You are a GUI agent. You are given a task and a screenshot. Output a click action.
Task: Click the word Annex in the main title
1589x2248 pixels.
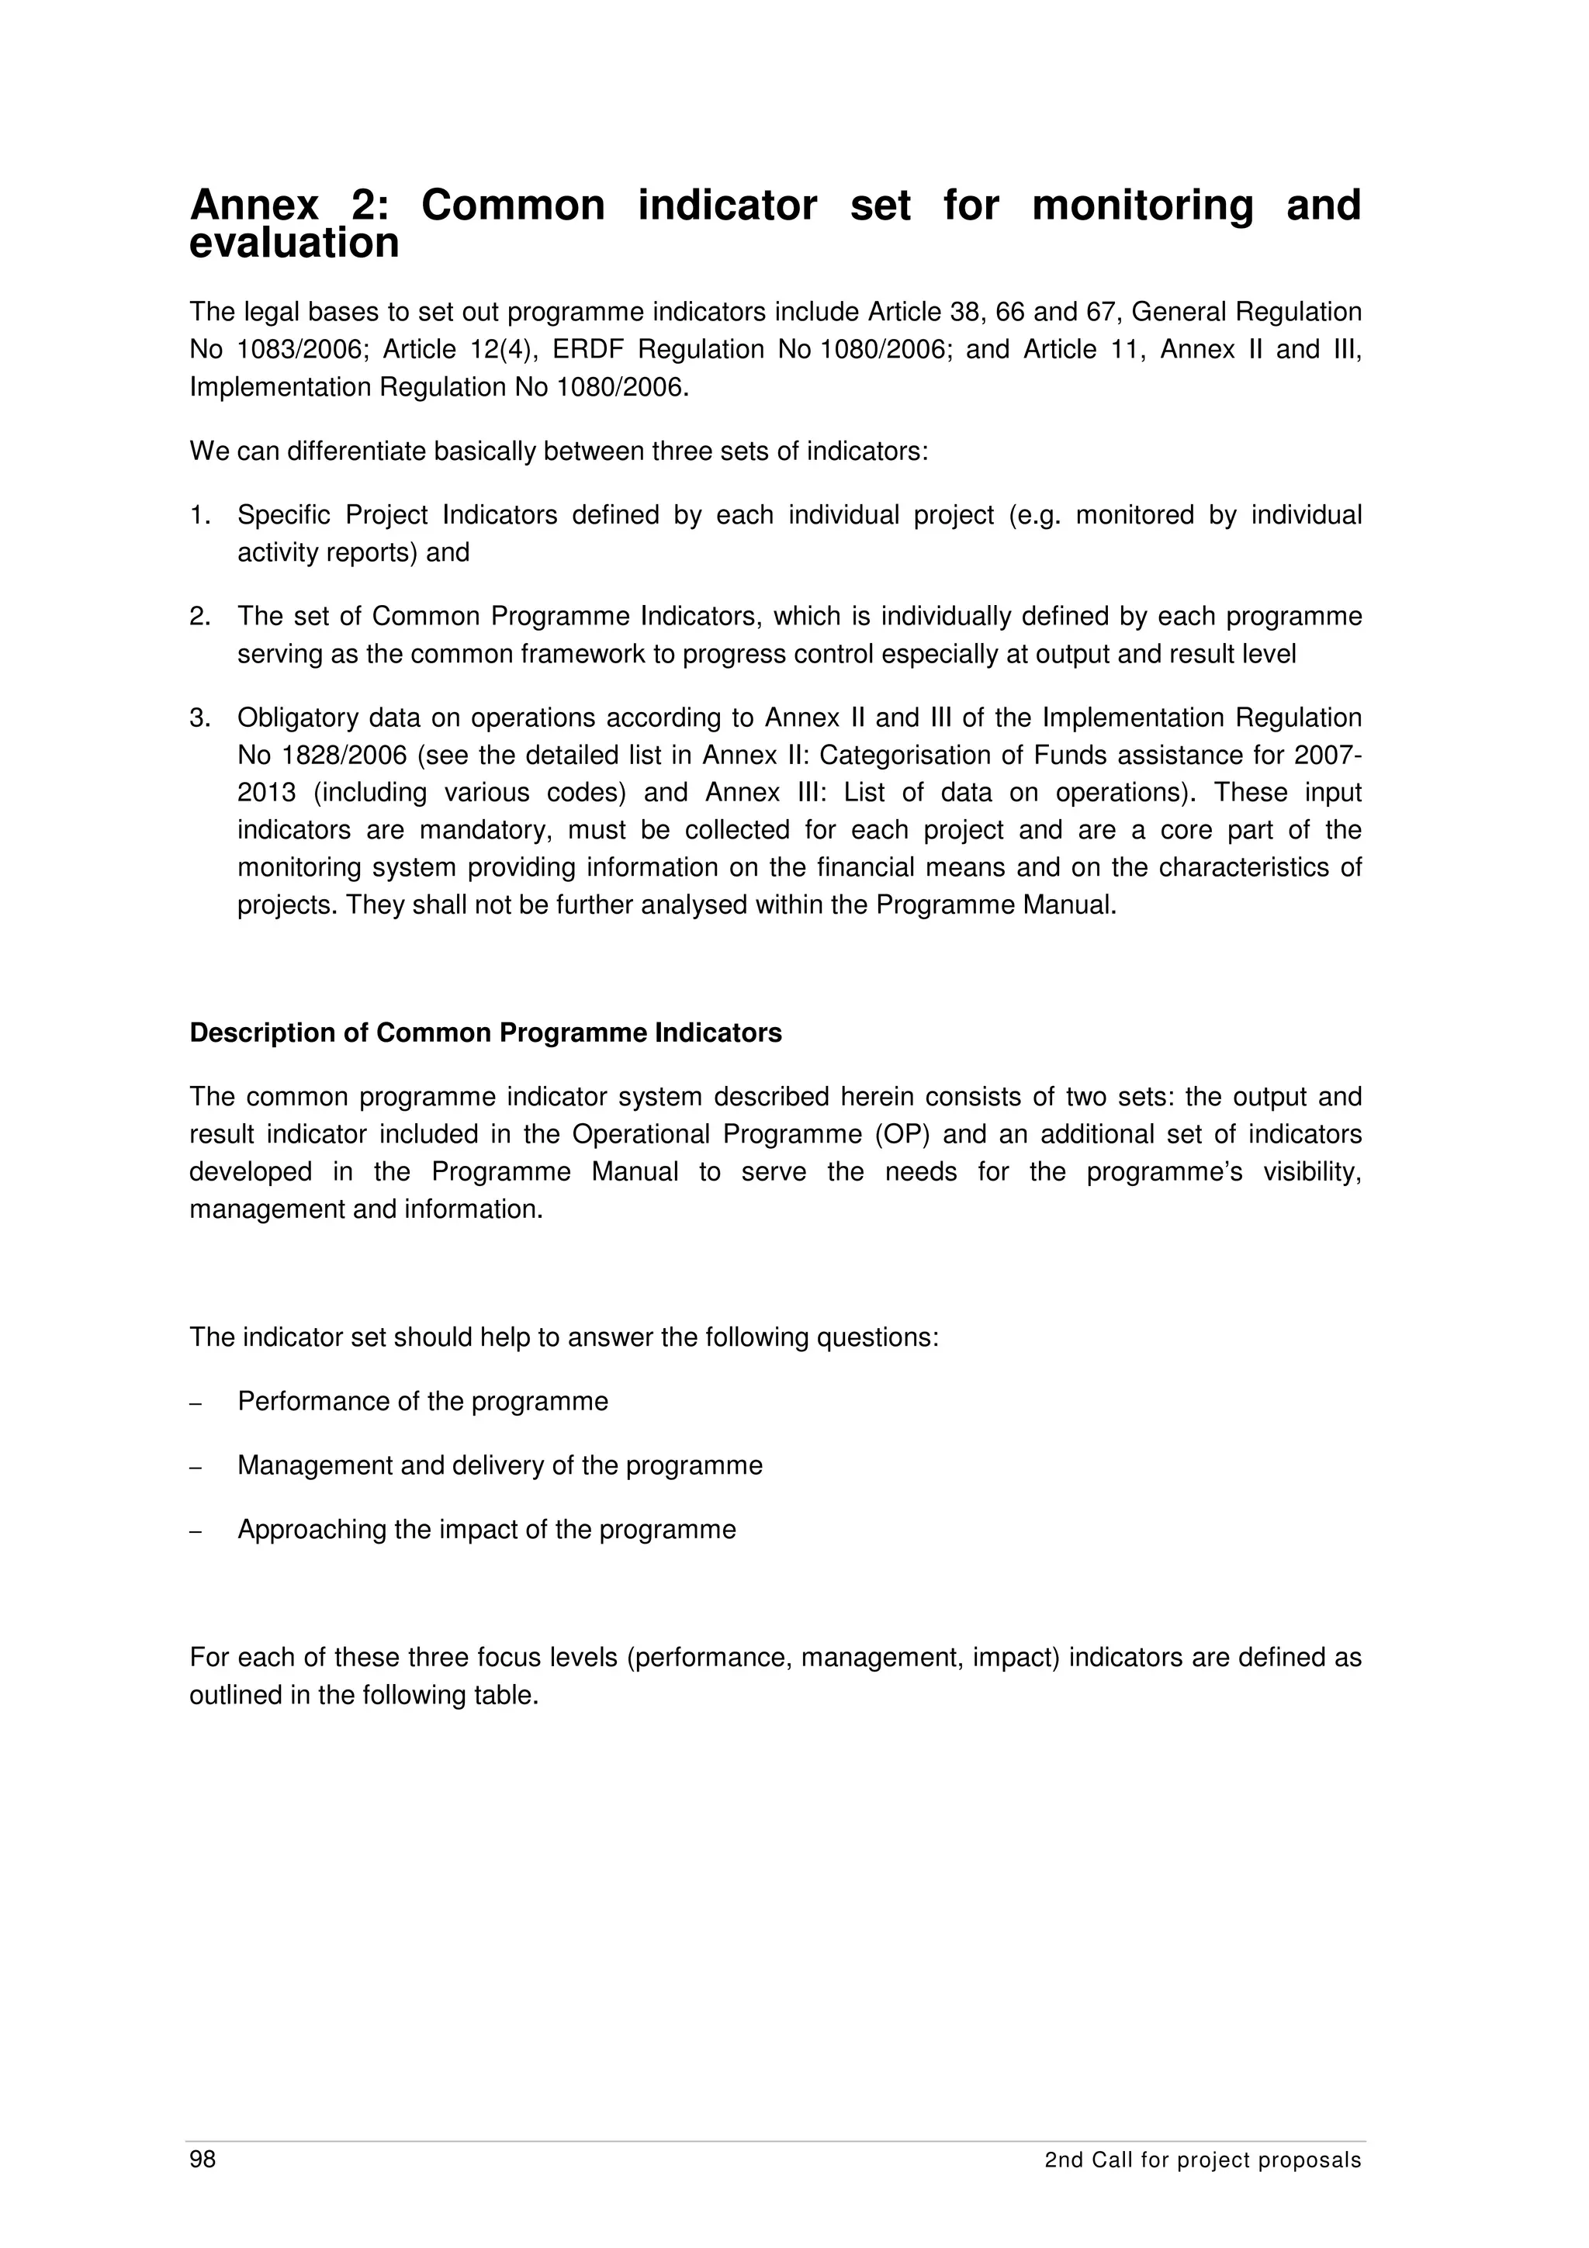[x=254, y=206]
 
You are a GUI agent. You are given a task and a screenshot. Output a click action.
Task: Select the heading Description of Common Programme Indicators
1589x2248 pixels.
[x=486, y=1034]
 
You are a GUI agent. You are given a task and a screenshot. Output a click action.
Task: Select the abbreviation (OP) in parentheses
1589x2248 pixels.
[x=902, y=1135]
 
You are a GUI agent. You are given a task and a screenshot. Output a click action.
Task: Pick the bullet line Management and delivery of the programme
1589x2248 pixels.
[x=500, y=1466]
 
